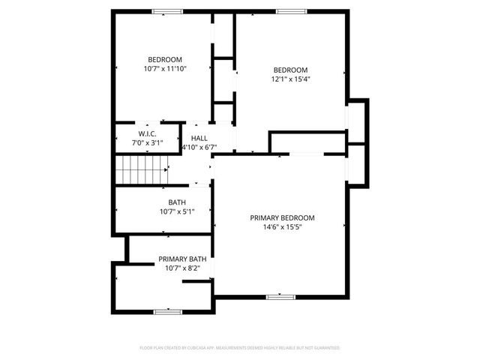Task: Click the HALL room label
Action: coord(199,138)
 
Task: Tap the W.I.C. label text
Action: coord(146,134)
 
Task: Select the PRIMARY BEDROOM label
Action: coord(282,218)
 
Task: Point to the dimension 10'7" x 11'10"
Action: coord(164,68)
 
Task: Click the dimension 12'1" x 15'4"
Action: coord(290,78)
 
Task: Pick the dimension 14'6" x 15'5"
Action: coord(282,227)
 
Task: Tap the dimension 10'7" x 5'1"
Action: coord(176,211)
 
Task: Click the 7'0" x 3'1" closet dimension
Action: coord(146,142)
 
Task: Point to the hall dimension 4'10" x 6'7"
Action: coord(199,147)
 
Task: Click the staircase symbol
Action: coord(140,170)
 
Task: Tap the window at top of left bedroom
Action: coord(167,11)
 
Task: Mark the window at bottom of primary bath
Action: coord(166,311)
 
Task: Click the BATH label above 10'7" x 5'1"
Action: coord(176,202)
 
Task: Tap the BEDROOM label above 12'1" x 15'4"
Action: coord(290,69)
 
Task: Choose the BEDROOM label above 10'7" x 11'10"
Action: coord(164,60)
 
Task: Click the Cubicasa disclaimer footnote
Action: coord(240,348)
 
